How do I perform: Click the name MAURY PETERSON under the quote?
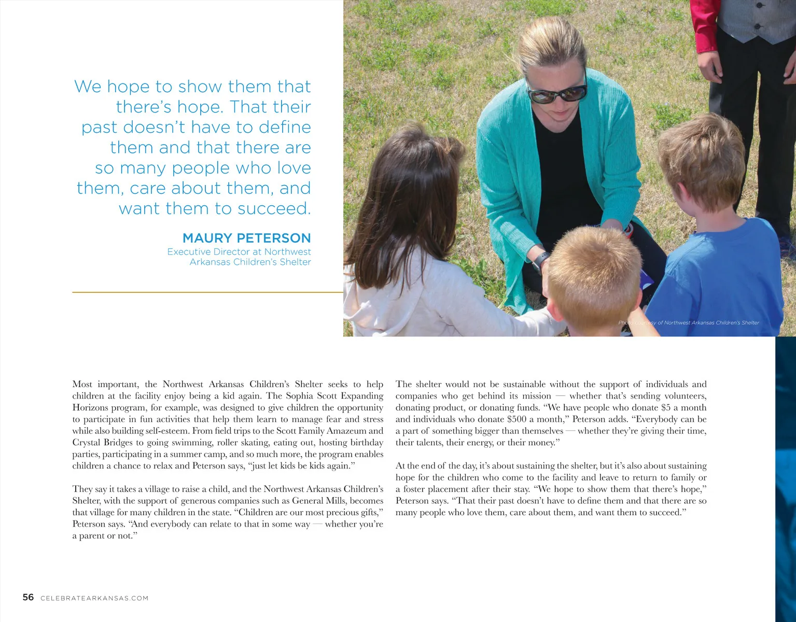246,238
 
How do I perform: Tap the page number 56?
28,597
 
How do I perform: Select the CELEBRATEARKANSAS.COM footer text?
94,598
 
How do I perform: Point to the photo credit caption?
688,322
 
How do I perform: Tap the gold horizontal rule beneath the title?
207,292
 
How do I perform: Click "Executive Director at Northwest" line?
239,252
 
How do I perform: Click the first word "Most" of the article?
82,384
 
